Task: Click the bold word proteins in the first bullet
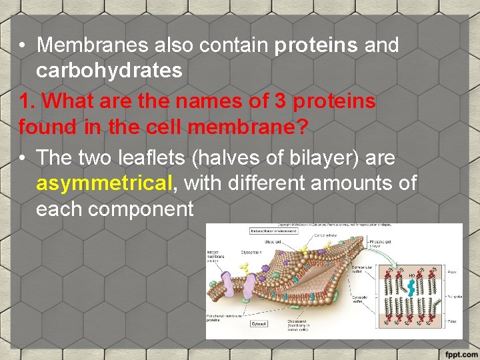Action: click(317, 45)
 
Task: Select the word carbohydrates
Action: click(109, 71)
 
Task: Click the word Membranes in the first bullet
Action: click(93, 45)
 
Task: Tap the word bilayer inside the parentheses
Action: click(329, 158)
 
